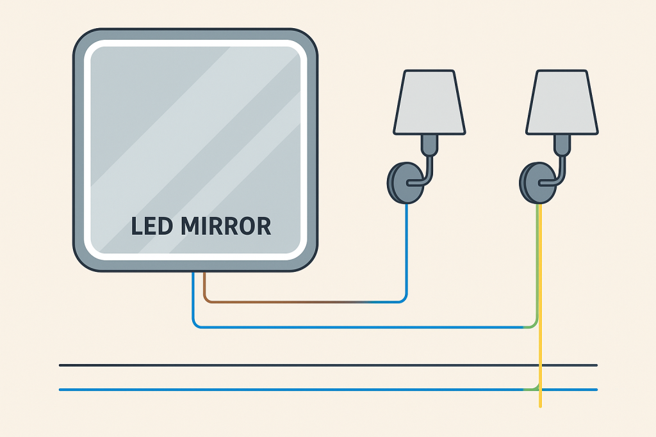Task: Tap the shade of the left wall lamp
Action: [429, 102]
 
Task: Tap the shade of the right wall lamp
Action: [562, 102]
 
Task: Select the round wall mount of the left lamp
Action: [400, 183]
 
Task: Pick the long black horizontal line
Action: [320, 365]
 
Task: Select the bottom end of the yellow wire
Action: [541, 405]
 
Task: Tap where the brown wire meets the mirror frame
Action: [204, 273]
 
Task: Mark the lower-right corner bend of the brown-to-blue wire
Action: [404, 299]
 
